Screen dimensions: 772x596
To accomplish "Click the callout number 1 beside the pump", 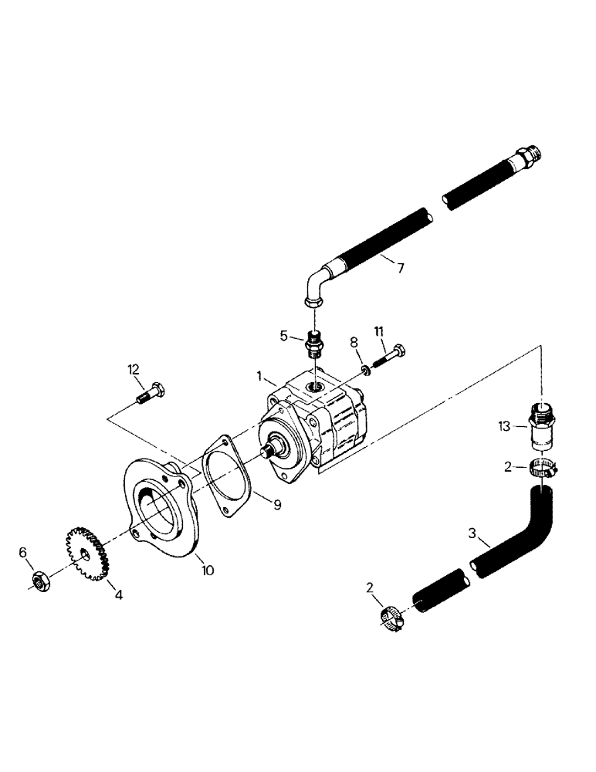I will click(260, 378).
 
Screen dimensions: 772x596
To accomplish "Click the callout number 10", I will click(208, 571).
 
